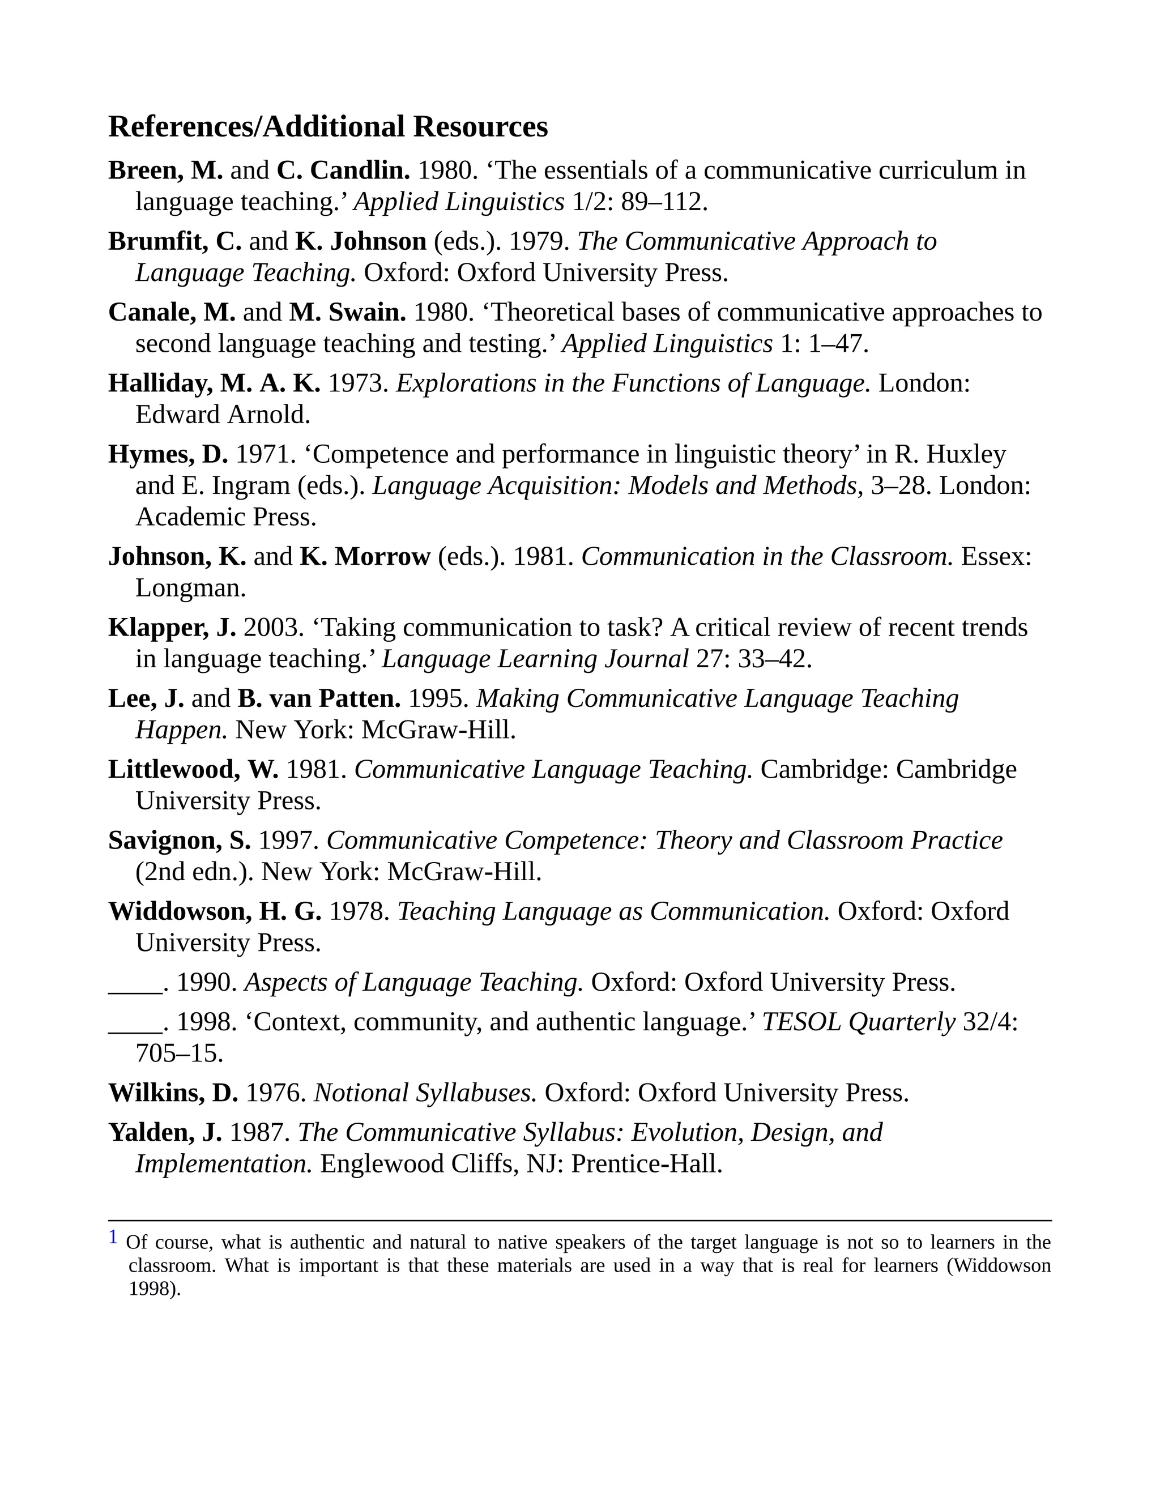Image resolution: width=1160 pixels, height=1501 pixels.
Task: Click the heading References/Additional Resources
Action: (x=328, y=127)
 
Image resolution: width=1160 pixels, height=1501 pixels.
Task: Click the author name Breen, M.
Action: (x=165, y=170)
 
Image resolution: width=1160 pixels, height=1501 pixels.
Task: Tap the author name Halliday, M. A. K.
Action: (x=214, y=383)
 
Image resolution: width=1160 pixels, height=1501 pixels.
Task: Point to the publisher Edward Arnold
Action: (x=223, y=415)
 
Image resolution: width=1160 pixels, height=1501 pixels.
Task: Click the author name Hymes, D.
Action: (x=168, y=454)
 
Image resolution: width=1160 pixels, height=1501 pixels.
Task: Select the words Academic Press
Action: (x=225, y=517)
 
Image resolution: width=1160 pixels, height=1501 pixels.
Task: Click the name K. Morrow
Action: (x=364, y=557)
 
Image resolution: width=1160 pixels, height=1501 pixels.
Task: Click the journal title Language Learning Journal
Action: (x=535, y=659)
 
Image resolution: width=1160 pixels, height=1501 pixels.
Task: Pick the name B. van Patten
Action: (x=319, y=699)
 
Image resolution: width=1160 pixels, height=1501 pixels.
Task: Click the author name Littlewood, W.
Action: (x=193, y=770)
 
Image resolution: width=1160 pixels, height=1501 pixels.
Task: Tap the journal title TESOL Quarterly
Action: (x=858, y=1022)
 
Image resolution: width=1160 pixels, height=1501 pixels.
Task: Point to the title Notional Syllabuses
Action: (x=425, y=1093)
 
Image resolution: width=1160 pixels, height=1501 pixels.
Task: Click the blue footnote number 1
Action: (x=113, y=1238)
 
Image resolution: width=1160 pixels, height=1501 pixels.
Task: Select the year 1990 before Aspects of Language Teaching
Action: (x=206, y=983)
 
